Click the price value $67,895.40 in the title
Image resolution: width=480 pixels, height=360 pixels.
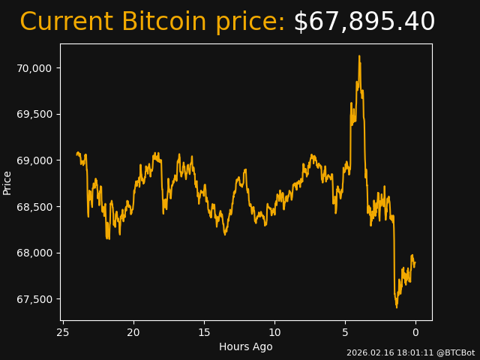(x=364, y=22)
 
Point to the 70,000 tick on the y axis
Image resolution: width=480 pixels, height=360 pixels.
(x=34, y=68)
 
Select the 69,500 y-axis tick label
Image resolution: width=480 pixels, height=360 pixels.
(x=34, y=114)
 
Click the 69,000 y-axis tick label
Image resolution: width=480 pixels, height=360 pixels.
(x=34, y=160)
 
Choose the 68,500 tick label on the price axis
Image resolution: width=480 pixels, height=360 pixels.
(x=34, y=207)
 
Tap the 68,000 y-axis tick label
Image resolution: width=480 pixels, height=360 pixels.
(x=34, y=253)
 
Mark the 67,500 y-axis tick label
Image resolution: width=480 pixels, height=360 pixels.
(x=34, y=299)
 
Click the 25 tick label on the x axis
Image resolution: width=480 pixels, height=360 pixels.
(x=63, y=332)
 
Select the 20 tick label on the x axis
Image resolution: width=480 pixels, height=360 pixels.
(x=133, y=332)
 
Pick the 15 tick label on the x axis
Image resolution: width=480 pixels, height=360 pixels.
(x=204, y=332)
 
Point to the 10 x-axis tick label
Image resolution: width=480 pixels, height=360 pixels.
(x=274, y=332)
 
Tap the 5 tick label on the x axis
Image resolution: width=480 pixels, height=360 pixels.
(x=345, y=332)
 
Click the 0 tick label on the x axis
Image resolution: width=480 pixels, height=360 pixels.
(x=415, y=332)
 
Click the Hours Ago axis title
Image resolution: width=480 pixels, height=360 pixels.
(x=245, y=346)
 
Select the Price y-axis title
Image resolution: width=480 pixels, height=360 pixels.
(x=7, y=182)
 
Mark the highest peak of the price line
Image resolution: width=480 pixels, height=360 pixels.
(x=359, y=55)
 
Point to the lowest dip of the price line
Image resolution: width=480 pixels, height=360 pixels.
(x=397, y=307)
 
